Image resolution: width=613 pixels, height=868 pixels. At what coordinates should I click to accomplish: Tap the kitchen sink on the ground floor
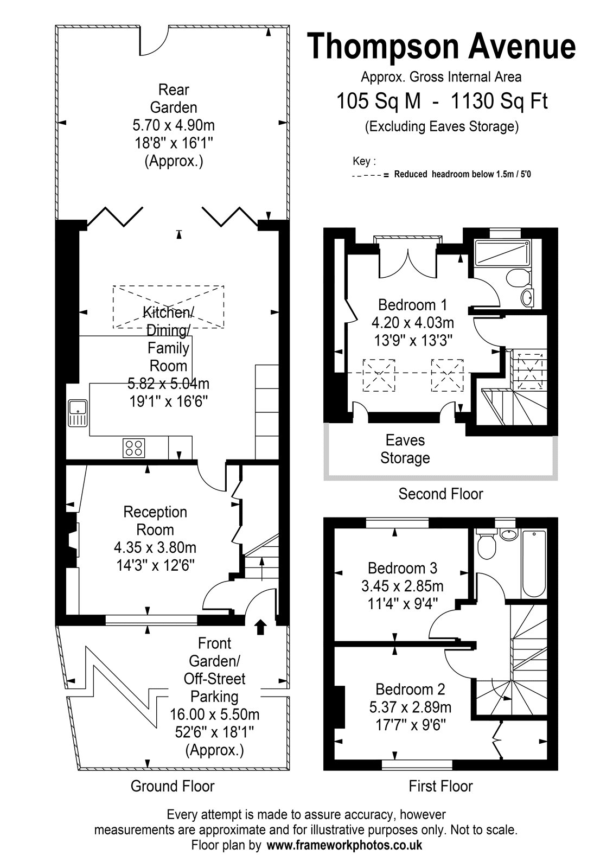point(78,413)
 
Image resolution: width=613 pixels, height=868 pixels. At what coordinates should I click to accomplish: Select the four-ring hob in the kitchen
point(134,448)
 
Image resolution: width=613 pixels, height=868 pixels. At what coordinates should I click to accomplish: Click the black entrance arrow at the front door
point(260,627)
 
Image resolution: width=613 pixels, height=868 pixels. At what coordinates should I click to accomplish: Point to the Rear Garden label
point(174,98)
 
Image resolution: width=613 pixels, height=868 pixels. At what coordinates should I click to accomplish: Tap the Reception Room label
point(155,521)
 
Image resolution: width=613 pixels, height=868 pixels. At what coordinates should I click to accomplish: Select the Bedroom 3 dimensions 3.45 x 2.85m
point(403,586)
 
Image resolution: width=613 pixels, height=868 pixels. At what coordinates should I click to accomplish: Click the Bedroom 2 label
point(410,690)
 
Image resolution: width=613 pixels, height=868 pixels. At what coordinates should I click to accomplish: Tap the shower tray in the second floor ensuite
point(502,253)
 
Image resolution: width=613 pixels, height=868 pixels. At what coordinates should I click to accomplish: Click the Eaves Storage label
point(405,449)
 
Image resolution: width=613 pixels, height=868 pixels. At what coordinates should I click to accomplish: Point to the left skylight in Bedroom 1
point(379,375)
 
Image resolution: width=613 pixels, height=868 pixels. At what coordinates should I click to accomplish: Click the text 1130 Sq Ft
point(499,101)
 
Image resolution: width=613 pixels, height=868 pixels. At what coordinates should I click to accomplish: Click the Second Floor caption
point(440,494)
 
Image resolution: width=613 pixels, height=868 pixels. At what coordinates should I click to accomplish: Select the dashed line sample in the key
point(367,176)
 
